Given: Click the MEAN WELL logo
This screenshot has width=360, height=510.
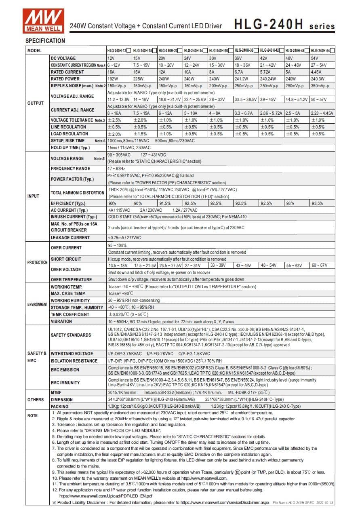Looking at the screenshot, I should (x=44, y=20).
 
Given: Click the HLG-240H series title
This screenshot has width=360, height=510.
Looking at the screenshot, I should (x=284, y=25).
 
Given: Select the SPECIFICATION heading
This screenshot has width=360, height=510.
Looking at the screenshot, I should (x=45, y=41).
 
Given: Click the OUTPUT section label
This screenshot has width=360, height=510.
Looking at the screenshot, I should (x=35, y=103).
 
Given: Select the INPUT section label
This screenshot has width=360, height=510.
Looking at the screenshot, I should (x=33, y=196).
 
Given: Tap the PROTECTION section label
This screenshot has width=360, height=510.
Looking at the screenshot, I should (x=37, y=262).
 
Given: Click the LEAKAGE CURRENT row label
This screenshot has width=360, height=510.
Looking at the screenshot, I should (x=70, y=238).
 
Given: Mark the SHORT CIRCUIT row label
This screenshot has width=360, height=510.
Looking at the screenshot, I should (x=66, y=259).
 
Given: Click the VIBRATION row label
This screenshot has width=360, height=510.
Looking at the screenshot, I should (x=61, y=321).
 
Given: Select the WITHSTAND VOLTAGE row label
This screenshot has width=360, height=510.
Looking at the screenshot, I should (x=72, y=354).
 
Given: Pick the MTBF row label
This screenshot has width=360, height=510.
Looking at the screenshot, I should (x=56, y=392).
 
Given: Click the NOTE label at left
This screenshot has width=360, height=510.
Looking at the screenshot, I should (x=32, y=416).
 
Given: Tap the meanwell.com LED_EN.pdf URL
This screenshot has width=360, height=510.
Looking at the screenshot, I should (x=105, y=496).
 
